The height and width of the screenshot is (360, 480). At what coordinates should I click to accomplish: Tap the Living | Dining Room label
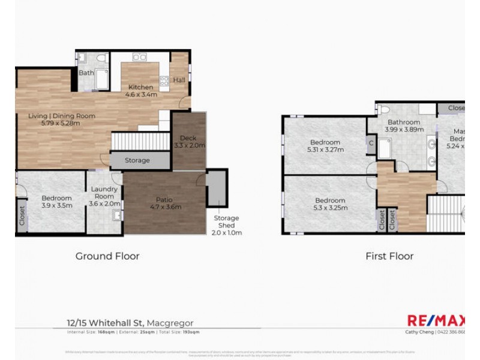pos(61,119)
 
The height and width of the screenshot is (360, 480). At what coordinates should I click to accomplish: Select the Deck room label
pos(189,142)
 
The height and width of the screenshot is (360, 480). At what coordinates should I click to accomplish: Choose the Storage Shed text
pos(227,225)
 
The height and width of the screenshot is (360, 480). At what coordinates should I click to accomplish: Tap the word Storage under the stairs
pos(137,161)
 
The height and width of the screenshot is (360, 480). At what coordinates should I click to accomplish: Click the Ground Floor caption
pos(107,256)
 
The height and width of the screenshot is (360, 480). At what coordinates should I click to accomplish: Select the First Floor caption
pos(389,256)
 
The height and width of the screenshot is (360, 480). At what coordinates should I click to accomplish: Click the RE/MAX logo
pos(434,321)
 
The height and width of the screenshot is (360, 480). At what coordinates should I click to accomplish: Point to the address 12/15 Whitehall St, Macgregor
pos(130,323)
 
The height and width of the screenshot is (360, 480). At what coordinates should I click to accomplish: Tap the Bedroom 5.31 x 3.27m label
pos(325,146)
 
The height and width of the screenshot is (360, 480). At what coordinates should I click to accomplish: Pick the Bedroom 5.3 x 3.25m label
pos(329,204)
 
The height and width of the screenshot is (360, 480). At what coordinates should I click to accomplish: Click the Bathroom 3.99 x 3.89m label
pos(403,125)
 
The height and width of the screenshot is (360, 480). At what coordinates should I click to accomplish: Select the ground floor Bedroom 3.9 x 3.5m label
pos(56,202)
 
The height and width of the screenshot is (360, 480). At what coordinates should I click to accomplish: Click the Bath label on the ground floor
pos(86,73)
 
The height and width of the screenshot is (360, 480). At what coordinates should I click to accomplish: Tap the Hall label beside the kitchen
pos(179,80)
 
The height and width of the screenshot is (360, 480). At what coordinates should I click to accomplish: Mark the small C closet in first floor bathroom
pos(371,143)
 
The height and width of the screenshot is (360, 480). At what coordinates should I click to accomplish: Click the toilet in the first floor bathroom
pos(384,110)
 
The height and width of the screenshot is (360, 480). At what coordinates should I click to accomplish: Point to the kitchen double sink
pos(140,57)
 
